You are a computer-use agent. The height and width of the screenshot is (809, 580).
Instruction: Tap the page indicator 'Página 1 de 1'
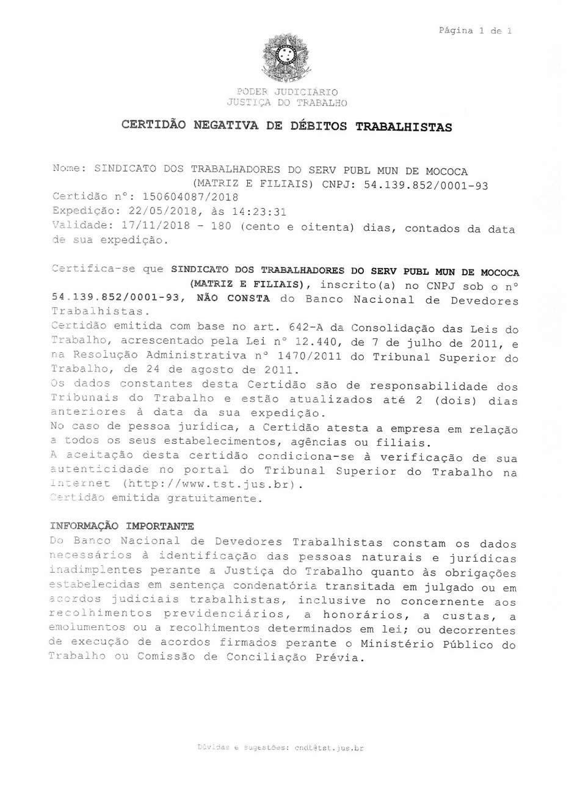pos(475,31)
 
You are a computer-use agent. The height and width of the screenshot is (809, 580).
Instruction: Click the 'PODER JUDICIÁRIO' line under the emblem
pos(286,92)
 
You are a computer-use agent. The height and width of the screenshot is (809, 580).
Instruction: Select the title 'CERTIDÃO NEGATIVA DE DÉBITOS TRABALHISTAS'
pos(286,126)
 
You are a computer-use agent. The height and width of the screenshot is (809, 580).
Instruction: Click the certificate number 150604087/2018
pos(190,197)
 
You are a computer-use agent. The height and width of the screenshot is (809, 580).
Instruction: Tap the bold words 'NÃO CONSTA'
pos(233,299)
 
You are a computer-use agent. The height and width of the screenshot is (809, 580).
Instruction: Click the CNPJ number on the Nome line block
pos(426,185)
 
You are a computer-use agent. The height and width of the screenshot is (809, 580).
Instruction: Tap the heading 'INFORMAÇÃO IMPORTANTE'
pos(122,526)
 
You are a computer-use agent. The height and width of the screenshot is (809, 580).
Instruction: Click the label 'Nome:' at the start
pos(70,169)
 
